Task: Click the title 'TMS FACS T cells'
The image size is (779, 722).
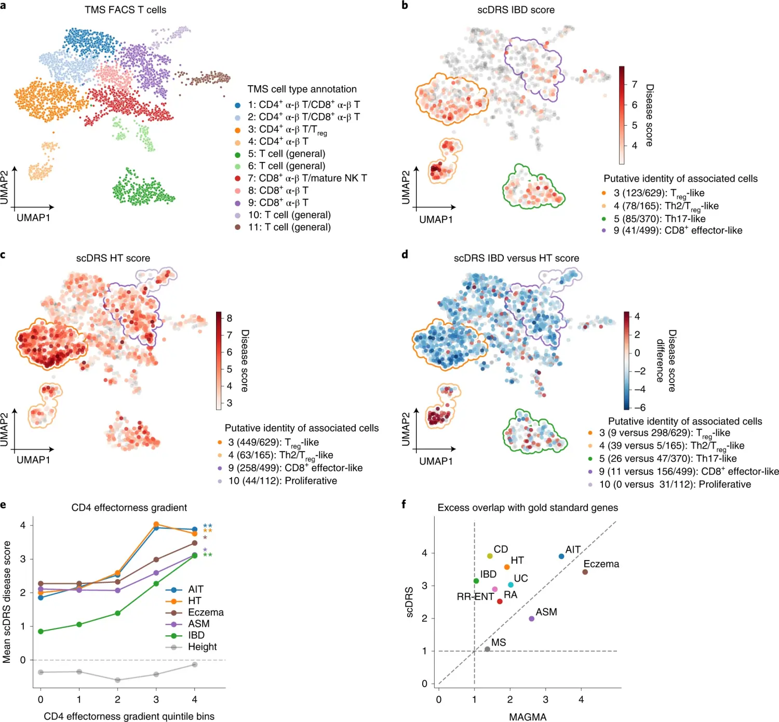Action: [125, 10]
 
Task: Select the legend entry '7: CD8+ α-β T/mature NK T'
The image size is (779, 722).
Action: [307, 178]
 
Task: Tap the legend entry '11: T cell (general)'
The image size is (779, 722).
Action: [289, 227]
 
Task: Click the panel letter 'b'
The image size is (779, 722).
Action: [405, 6]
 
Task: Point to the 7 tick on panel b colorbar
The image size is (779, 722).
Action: [634, 85]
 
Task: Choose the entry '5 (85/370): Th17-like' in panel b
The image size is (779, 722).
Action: [659, 219]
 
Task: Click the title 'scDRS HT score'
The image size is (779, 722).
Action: [113, 258]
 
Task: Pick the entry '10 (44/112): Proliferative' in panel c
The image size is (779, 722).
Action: [283, 481]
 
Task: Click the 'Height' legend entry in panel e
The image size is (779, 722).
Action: [202, 647]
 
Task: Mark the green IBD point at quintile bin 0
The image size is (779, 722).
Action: [41, 632]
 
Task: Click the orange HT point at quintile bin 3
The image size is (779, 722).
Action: [156, 524]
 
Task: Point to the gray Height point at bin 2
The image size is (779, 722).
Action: [117, 680]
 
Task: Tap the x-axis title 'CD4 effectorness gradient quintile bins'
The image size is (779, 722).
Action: [129, 716]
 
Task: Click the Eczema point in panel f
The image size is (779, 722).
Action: [585, 572]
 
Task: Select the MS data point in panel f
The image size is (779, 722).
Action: [487, 649]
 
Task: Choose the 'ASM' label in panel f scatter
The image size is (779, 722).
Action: [546, 612]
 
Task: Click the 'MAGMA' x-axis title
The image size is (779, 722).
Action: [528, 717]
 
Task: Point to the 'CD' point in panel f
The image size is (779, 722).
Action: [490, 556]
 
